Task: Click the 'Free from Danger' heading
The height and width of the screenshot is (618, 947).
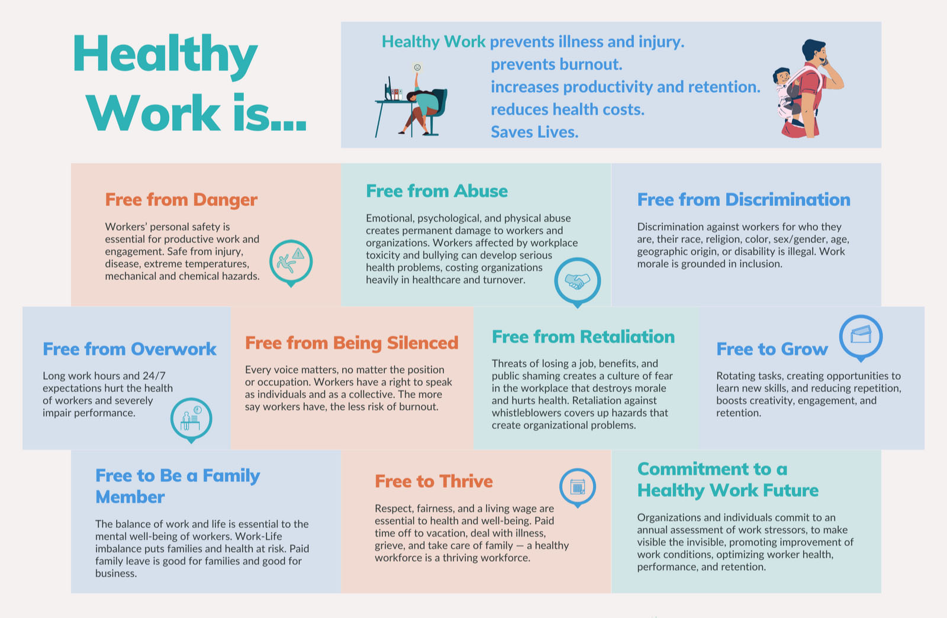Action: pyautogui.click(x=181, y=200)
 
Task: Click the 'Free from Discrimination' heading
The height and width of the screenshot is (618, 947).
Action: pyautogui.click(x=743, y=200)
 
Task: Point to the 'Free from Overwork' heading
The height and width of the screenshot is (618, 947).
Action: pyautogui.click(x=130, y=350)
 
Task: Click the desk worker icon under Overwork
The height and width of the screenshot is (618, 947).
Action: pyautogui.click(x=191, y=420)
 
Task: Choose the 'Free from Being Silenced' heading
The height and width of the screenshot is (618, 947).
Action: pyautogui.click(x=352, y=343)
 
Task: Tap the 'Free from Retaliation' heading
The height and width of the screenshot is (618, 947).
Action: pyautogui.click(x=583, y=337)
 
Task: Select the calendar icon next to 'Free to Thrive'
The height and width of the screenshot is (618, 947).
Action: pyautogui.click(x=578, y=487)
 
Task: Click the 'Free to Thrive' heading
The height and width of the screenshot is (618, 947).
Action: pyautogui.click(x=434, y=481)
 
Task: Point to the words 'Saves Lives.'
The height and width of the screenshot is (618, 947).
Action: pyautogui.click(x=534, y=132)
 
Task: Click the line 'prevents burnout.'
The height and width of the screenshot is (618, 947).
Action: pyautogui.click(x=556, y=64)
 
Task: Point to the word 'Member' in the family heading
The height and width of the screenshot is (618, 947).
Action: pyautogui.click(x=130, y=497)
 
